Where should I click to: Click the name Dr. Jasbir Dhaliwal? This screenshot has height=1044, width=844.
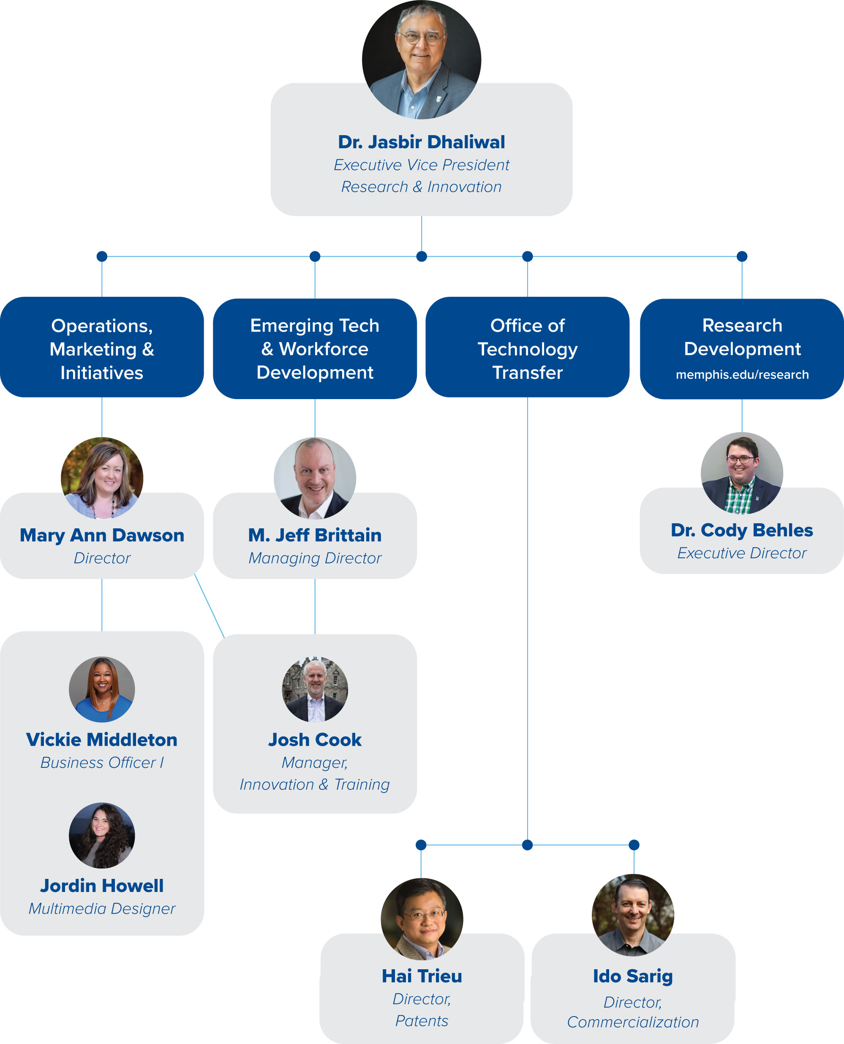[x=421, y=142]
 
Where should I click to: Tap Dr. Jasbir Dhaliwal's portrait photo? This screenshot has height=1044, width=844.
[x=421, y=59]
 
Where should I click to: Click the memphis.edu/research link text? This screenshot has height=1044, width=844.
[x=742, y=374]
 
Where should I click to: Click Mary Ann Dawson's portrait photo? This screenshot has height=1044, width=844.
[x=102, y=478]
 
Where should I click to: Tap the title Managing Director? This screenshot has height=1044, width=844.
[x=315, y=558]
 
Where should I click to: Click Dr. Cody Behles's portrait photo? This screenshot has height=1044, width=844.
[x=741, y=473]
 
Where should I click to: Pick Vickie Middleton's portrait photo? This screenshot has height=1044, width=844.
[x=102, y=689]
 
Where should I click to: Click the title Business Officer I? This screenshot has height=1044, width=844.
[x=102, y=762]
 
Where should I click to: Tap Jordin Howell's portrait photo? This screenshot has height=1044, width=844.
[x=102, y=835]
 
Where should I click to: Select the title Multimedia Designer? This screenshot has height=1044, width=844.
[x=102, y=908]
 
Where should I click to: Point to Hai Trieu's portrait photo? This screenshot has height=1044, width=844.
[x=422, y=919]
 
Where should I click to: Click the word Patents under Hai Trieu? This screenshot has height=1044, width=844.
[x=422, y=1020]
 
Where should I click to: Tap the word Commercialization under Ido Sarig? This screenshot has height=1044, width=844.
[x=632, y=1022]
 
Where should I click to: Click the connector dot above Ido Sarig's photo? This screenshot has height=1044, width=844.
[x=634, y=845]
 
